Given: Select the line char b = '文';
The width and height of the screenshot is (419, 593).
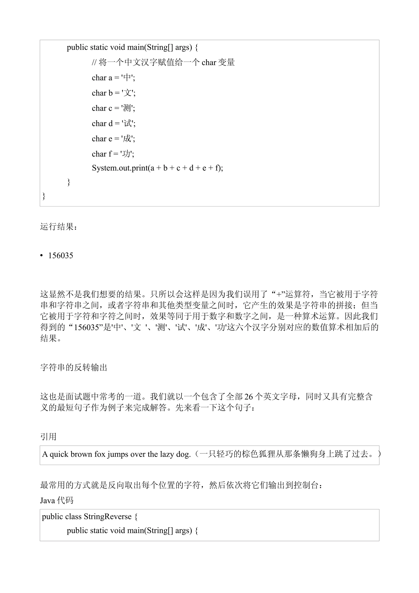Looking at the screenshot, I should click(114, 93).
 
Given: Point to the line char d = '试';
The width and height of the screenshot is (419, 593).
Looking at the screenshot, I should click(114, 123).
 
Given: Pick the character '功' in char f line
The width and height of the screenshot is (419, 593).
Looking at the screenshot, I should click(126, 154).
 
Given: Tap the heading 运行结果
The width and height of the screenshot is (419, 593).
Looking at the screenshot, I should click(58, 227).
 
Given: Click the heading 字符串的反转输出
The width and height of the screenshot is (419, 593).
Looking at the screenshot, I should click(74, 367).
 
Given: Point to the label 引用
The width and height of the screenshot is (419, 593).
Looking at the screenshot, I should click(48, 437).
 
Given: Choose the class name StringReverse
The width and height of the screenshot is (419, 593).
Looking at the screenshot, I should click(108, 516).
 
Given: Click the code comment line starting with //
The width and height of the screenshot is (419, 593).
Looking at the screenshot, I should click(163, 62).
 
